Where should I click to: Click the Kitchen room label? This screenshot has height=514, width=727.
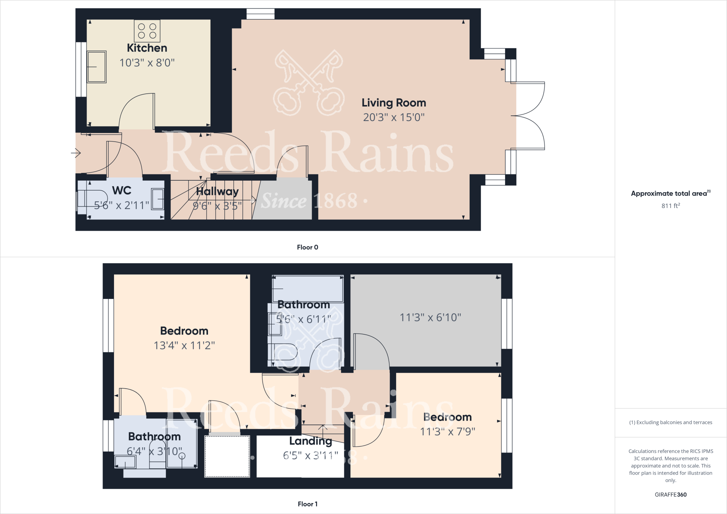147,48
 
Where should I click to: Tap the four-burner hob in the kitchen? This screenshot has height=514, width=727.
147,31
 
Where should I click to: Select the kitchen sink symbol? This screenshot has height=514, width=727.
97,67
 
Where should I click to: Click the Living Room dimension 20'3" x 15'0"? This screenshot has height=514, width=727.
394,117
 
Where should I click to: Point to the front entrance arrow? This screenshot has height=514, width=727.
76,153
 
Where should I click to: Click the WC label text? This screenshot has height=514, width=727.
122,191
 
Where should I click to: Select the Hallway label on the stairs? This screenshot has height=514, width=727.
217,192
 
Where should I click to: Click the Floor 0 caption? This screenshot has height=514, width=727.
307,247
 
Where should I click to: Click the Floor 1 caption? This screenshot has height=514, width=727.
307,504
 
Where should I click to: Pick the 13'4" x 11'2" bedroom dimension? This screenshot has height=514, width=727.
184,345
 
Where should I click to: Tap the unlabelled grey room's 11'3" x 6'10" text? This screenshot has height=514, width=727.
430,317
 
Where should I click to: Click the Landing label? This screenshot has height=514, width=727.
311,441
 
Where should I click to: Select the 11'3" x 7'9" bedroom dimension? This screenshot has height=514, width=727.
448,432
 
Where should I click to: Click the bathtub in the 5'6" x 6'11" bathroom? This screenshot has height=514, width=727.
308,289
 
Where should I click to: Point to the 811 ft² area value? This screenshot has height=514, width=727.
671,206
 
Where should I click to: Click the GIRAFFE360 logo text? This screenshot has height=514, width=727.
671,494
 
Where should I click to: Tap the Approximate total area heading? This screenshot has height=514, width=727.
669,193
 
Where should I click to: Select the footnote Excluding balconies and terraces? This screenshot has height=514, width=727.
671,422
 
